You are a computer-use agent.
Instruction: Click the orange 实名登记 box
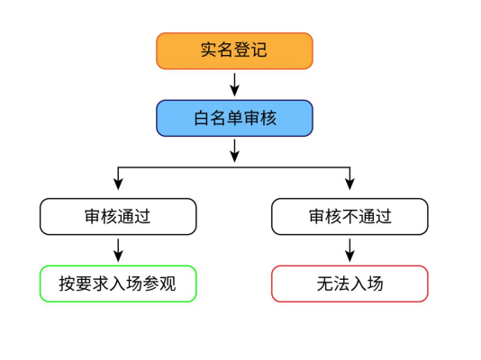point(234,51)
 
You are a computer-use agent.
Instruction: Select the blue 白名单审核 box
point(234,118)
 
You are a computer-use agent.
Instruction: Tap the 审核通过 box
point(118,217)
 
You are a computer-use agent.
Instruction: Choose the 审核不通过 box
point(349,217)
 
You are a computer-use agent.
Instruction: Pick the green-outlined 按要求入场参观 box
point(118,283)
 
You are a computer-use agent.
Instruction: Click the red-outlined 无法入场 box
point(349,283)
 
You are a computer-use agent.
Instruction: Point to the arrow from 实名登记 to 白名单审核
point(235,85)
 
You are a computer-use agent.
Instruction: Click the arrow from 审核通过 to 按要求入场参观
point(118,250)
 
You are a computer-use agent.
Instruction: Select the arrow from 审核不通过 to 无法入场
point(349,250)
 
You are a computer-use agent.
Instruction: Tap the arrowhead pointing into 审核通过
point(118,184)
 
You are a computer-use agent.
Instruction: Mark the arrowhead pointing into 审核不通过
point(349,184)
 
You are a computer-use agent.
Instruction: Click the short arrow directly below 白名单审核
point(235,150)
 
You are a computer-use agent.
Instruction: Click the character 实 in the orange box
point(209,49)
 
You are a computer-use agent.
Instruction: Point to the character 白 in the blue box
point(202,118)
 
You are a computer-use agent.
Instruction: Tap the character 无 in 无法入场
point(325,283)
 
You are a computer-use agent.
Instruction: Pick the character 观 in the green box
point(168,283)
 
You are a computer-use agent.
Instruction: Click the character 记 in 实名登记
point(259,49)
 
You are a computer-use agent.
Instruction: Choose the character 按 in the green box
point(68,283)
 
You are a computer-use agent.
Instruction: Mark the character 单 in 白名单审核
point(235,118)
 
